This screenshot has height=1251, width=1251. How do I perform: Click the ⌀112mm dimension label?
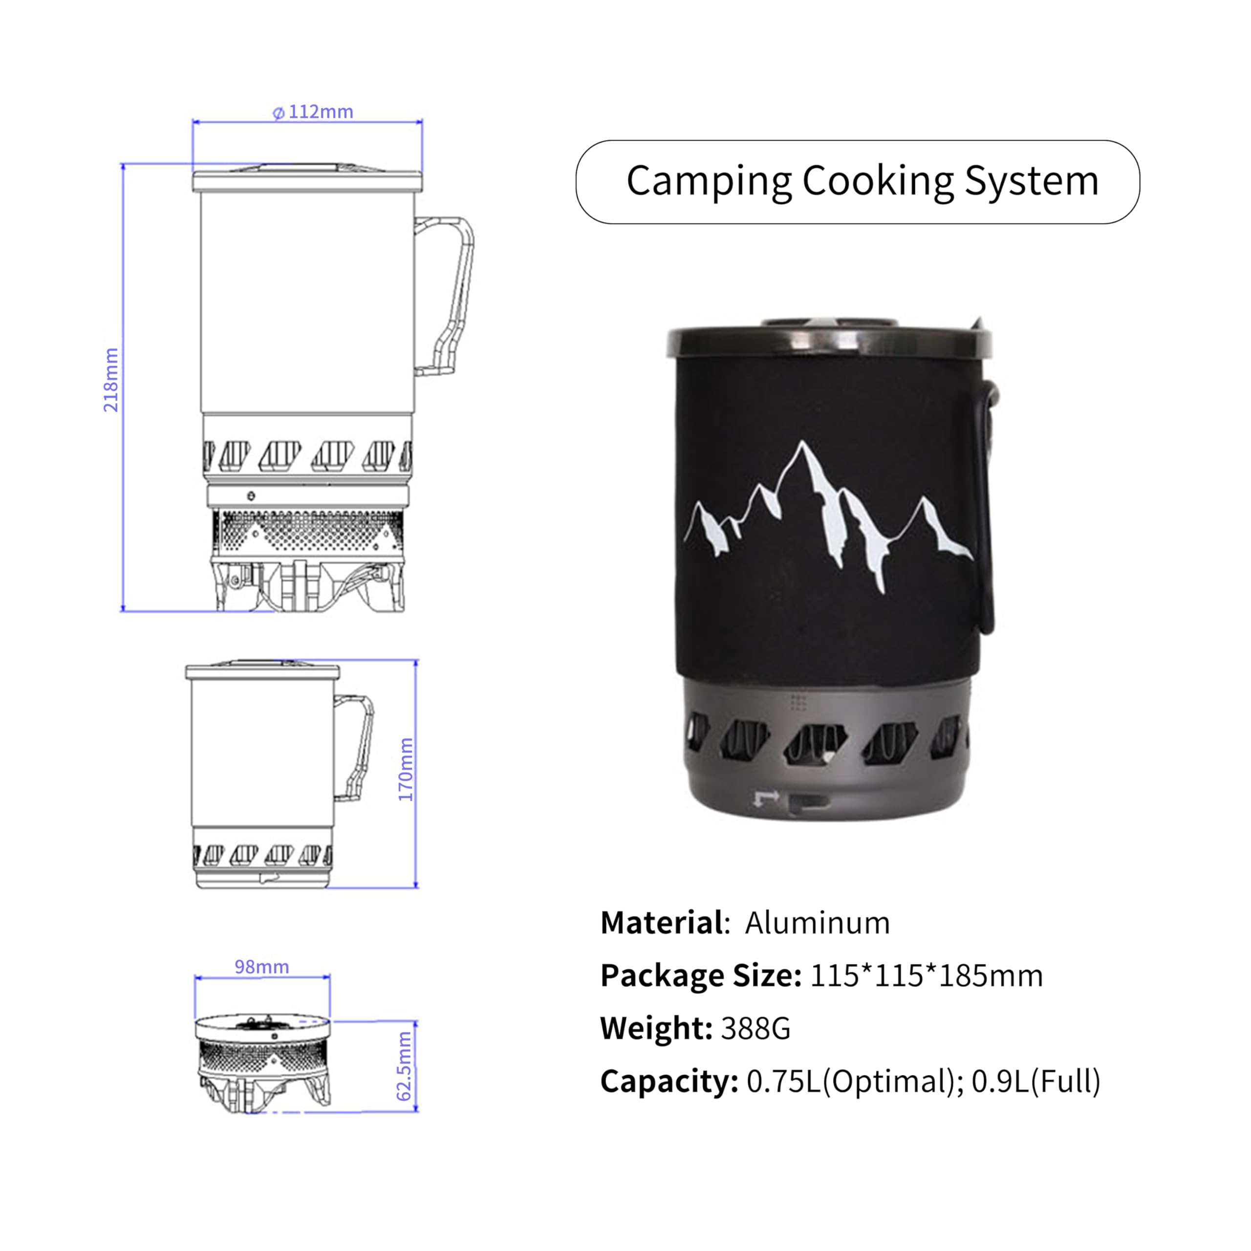[313, 112]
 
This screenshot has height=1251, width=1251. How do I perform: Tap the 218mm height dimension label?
[111, 380]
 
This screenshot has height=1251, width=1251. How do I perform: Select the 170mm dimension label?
[405, 769]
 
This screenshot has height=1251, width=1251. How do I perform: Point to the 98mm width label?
[261, 967]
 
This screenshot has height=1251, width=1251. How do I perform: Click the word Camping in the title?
[709, 182]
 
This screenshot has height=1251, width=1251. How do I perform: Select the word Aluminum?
[817, 923]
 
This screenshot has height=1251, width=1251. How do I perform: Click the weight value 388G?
[755, 1028]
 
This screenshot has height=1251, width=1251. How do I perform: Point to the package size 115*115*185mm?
[926, 976]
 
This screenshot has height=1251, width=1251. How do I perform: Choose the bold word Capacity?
[669, 1082]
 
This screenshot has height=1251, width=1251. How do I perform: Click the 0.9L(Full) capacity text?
[1035, 1082]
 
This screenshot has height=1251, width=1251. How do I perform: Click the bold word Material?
[661, 923]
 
